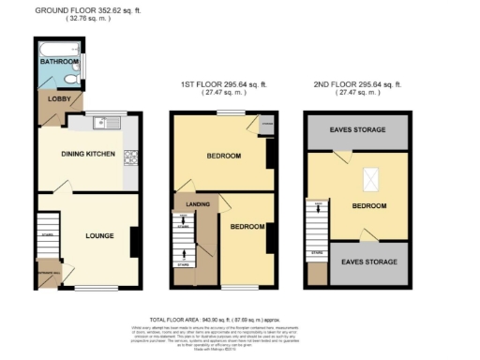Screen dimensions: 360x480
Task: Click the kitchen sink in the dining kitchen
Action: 102,121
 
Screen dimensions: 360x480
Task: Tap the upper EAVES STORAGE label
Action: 357,130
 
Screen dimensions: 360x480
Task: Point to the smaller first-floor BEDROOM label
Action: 247,227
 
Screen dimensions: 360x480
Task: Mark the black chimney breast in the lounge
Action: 134,242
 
